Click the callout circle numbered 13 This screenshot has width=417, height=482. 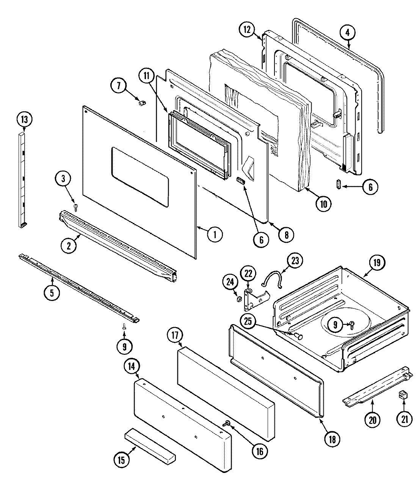pos(24,120)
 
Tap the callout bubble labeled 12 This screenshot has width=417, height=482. pos(247,29)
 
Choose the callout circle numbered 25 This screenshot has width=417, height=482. pos(248,321)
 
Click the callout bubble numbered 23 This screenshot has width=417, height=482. pos(295,261)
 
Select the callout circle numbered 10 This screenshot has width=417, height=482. pos(323,203)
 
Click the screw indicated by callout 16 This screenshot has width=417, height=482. pos(227,423)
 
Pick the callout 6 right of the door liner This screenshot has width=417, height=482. pos(370,187)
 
